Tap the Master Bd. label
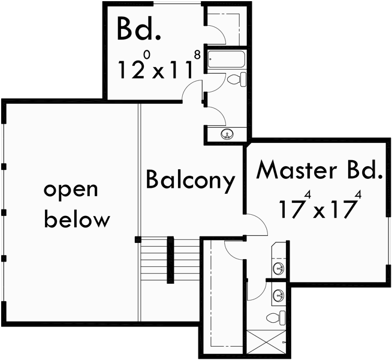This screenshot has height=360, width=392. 319,170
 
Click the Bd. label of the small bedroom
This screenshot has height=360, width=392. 135,28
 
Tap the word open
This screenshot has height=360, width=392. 71,190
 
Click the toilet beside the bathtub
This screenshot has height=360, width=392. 237,79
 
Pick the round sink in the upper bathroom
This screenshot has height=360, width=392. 227,133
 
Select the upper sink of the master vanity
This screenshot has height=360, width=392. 279,268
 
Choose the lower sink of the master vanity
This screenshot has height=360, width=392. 279,295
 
